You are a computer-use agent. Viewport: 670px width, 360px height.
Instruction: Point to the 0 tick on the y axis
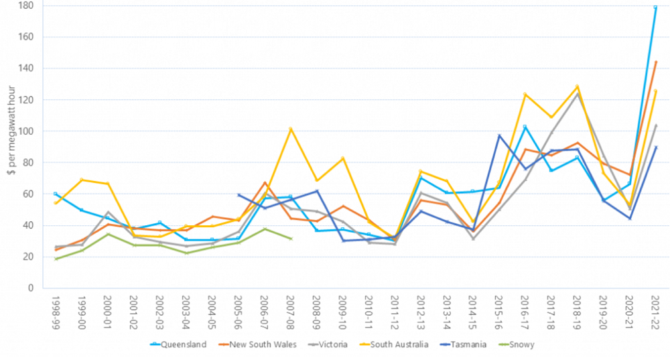[x=31, y=288]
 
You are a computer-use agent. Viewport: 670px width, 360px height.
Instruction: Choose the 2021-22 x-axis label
[x=655, y=310]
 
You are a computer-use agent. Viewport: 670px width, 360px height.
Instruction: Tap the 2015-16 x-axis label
[x=499, y=310]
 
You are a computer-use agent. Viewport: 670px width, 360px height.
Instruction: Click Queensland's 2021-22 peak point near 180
[x=655, y=7]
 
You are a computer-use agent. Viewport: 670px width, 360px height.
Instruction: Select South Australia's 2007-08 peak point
[x=291, y=129]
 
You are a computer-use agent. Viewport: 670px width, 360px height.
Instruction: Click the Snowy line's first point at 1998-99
[x=56, y=259]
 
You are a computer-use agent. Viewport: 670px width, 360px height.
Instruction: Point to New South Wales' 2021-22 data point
[x=655, y=62]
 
